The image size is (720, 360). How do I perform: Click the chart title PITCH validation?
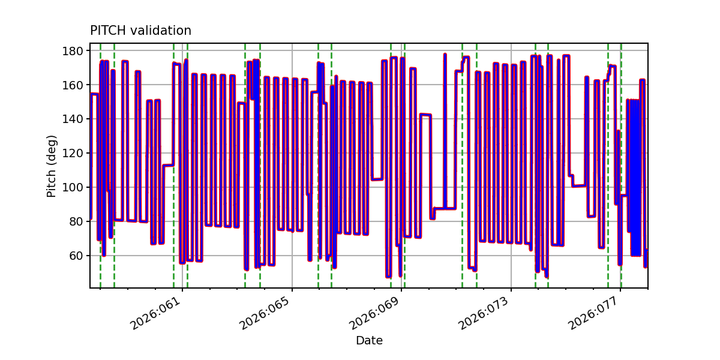(140, 31)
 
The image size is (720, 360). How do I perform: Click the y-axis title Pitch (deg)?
(52, 166)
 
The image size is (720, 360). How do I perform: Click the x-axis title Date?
(369, 341)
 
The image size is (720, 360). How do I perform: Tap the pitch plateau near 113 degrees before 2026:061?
(168, 165)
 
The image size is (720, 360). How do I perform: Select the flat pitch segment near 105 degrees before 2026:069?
(377, 179)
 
